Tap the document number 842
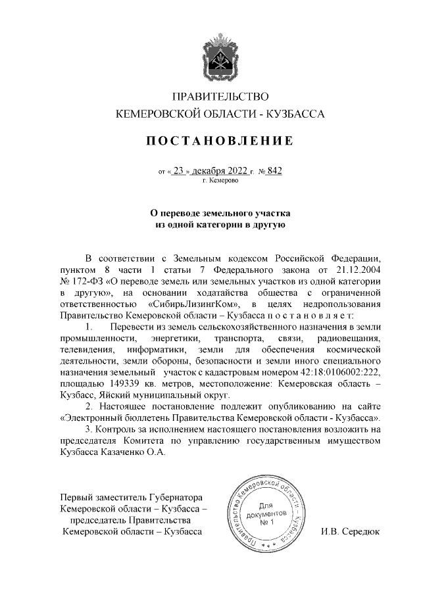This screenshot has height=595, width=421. click(x=274, y=171)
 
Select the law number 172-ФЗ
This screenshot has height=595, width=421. click(x=83, y=281)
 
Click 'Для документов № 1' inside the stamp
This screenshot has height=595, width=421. click(x=266, y=514)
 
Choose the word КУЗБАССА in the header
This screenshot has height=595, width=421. click(x=295, y=114)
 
